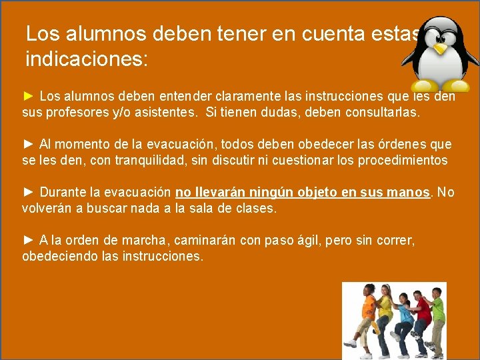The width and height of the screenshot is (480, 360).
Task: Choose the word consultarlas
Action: pyautogui.click(x=383, y=113)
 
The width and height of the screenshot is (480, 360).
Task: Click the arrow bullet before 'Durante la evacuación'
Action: pyautogui.click(x=29, y=193)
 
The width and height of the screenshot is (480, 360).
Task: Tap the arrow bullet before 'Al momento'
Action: pyautogui.click(x=29, y=145)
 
